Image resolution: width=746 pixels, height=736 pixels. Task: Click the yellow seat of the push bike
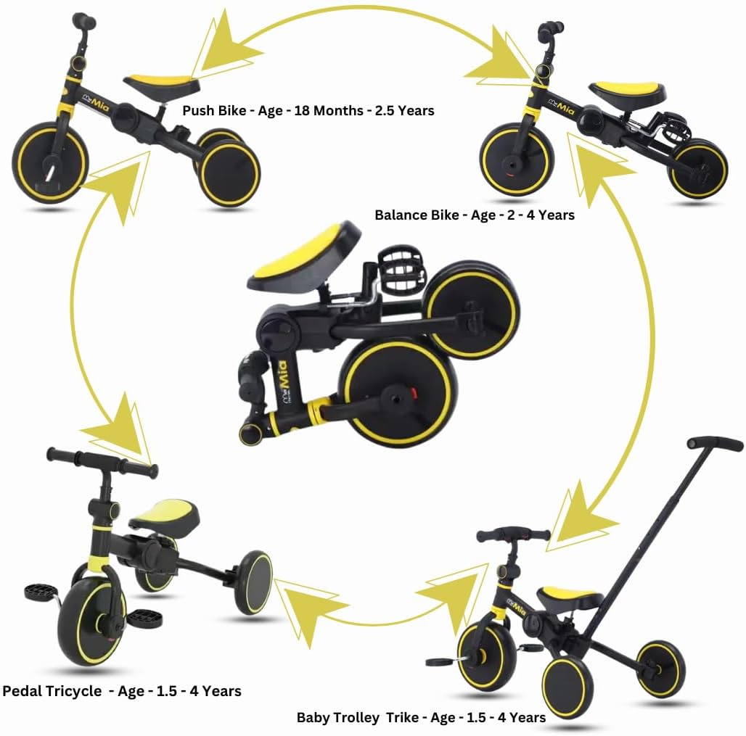162,82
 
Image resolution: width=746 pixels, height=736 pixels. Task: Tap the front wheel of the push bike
50,163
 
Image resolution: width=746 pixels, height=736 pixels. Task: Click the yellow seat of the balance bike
628,91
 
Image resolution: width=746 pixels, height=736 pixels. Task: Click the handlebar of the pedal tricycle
102,463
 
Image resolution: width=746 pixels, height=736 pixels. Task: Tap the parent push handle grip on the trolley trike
715,443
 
